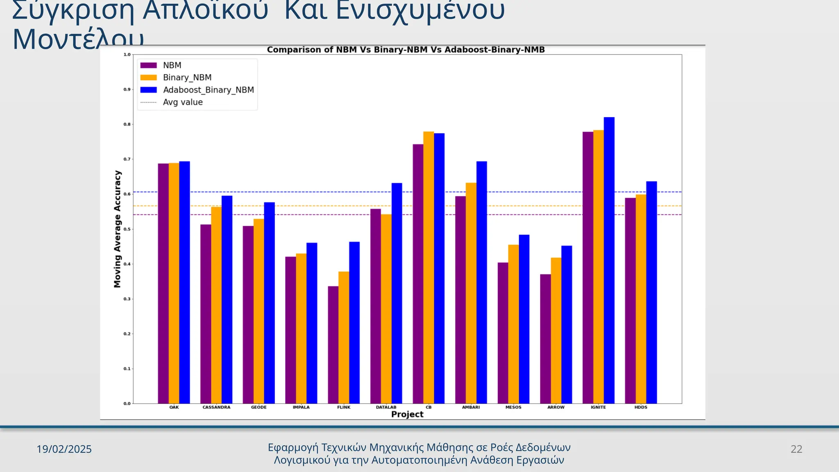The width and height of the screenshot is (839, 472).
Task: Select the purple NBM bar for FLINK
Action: (x=333, y=345)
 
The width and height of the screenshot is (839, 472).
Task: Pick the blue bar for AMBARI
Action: (x=482, y=282)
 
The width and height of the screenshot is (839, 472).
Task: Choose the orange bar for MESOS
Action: (x=513, y=324)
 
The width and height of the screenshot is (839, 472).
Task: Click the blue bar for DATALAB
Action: (x=397, y=293)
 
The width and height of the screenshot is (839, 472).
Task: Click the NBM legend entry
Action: (x=172, y=66)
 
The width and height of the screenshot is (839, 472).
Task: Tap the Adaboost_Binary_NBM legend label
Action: (x=208, y=90)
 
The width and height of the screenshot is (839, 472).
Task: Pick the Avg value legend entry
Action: (x=183, y=102)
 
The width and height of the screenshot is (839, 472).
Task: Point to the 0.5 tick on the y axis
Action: (x=127, y=229)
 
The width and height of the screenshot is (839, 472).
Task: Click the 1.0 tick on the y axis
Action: (x=127, y=54)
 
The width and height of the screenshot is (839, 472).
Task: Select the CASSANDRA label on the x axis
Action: (x=216, y=407)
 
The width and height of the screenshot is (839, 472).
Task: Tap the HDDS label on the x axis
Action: (x=641, y=407)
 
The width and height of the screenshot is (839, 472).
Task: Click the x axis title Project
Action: (x=407, y=414)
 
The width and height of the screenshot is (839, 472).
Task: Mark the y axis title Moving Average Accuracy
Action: (x=118, y=229)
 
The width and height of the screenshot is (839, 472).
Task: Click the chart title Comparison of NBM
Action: (x=406, y=50)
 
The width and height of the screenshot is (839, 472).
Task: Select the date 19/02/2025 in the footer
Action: (x=64, y=449)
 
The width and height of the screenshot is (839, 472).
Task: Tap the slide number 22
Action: (x=796, y=449)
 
